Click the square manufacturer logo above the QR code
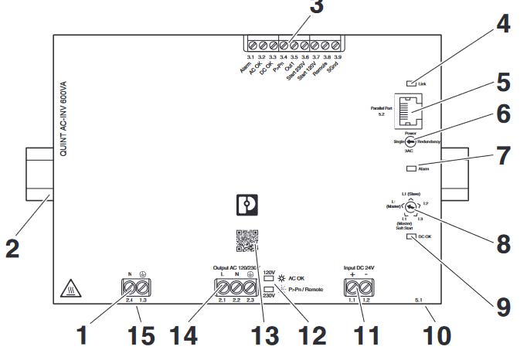[244, 204]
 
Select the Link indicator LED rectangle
[410, 83]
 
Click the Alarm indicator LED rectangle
[410, 168]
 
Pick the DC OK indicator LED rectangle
[410, 237]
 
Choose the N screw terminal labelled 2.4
[127, 289]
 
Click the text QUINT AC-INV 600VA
[64, 109]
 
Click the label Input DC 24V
[359, 268]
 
